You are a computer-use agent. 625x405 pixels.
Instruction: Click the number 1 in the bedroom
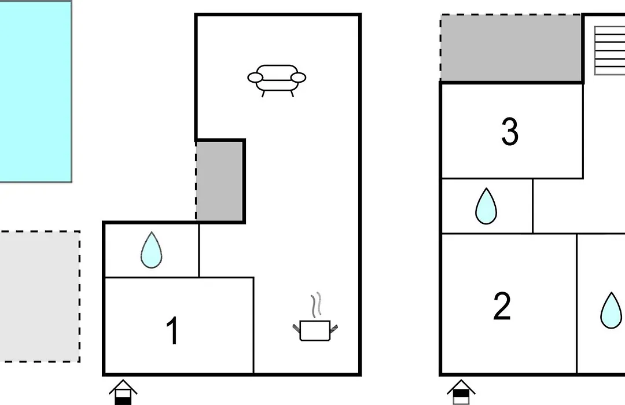coord(172,330)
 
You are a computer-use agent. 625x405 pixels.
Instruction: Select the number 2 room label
coord(502,306)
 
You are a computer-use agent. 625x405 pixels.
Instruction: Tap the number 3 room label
coord(510,131)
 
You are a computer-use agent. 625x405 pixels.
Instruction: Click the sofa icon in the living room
coord(277,80)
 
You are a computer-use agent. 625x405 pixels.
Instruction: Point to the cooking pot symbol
coord(315,330)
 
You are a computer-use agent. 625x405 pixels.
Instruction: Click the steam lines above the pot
coord(316,305)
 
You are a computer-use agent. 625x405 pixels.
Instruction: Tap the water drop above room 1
coord(152,250)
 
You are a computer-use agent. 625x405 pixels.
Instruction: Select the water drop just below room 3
coord(486,206)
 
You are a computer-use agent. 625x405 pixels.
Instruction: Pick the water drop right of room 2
coord(612,310)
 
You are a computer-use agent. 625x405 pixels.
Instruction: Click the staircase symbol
coord(609,51)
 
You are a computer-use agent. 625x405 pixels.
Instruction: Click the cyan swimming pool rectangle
coord(35,91)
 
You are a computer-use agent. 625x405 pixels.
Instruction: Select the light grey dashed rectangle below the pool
coord(39,297)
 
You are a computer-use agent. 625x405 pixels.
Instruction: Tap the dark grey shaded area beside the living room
coord(220,181)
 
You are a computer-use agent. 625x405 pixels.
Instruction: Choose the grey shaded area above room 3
coord(511,48)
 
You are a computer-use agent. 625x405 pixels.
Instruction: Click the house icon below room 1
coord(123,392)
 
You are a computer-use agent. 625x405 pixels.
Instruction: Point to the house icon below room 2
coord(461,392)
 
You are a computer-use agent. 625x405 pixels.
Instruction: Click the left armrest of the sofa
coord(255,78)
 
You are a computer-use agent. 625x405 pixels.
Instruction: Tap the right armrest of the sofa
coord(298,78)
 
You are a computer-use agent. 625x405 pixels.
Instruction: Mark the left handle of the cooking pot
coord(296,329)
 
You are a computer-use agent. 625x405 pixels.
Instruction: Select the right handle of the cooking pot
coord(334,329)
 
